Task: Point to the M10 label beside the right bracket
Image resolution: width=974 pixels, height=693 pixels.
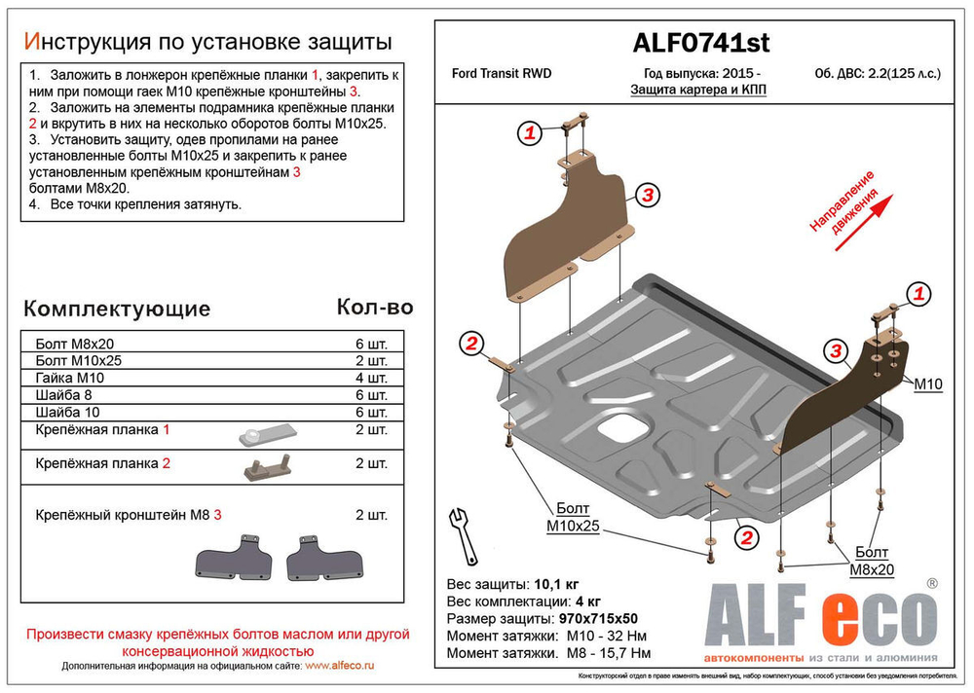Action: point(928,384)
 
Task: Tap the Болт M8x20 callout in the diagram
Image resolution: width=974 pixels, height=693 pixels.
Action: point(871,561)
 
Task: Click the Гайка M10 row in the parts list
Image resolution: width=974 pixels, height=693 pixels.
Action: point(69,378)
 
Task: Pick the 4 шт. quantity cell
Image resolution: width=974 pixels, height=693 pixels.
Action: point(372,378)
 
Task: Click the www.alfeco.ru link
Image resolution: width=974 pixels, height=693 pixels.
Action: point(340,666)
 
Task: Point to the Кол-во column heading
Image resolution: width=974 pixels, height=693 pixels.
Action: point(374,308)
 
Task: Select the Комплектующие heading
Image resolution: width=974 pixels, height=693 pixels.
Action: point(116,310)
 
